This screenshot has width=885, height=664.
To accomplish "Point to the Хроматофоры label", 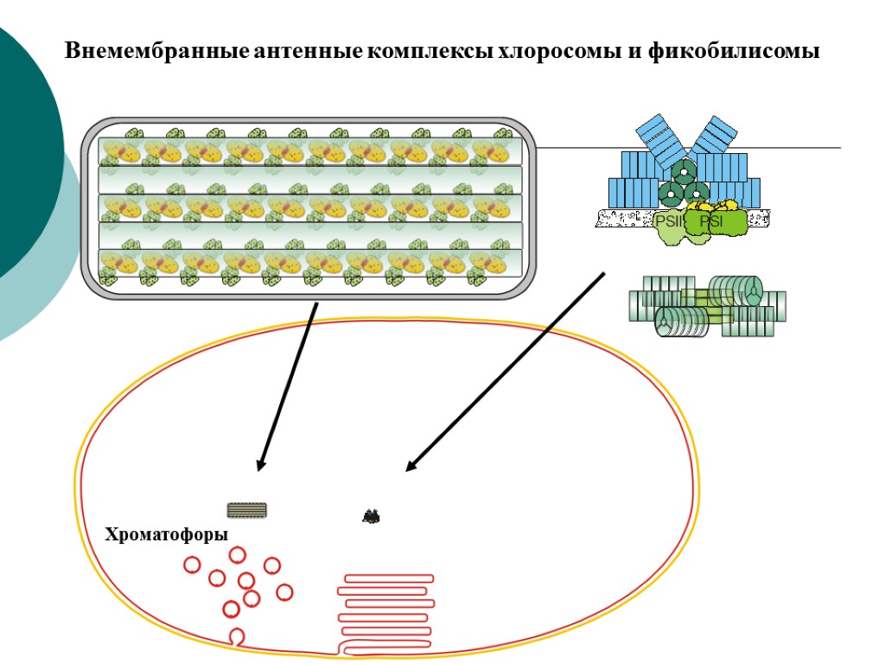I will pyautogui.click(x=167, y=534).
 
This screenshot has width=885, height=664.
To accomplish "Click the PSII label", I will pyautogui.click(x=670, y=222).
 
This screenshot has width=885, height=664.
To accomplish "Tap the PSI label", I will pyautogui.click(x=710, y=222).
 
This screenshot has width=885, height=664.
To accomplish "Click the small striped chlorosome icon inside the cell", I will pyautogui.click(x=247, y=510).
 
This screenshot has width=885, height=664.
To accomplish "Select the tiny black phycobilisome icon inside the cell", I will pyautogui.click(x=372, y=517).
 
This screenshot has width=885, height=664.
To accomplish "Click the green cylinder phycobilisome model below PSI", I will pyautogui.click(x=707, y=305).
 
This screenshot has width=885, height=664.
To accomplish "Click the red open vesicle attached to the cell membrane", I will pyautogui.click(x=236, y=638).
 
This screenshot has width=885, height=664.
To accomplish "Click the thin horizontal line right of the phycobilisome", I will pyautogui.click(x=795, y=148).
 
